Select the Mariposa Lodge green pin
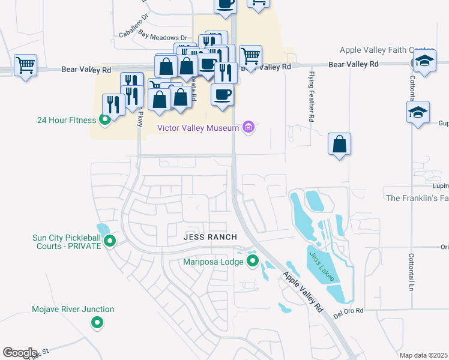tap(253, 261)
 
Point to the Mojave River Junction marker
tap(97, 323)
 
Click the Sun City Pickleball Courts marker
tap(110, 241)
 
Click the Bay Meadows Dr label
tap(163, 37)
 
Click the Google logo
tap(20, 353)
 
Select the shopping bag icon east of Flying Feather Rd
tap(340, 145)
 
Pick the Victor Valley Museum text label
tap(198, 127)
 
